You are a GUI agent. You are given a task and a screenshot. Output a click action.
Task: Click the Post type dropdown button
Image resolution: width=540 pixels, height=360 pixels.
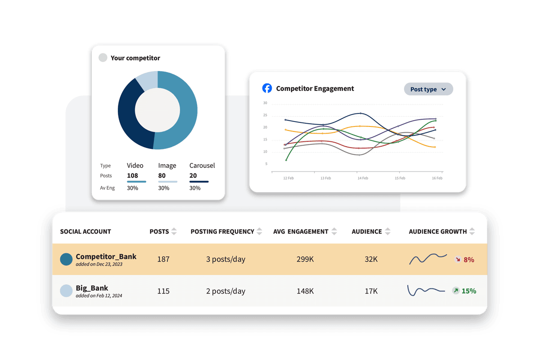coord(428,89)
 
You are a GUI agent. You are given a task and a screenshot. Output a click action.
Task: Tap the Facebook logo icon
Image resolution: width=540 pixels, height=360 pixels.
coord(267,88)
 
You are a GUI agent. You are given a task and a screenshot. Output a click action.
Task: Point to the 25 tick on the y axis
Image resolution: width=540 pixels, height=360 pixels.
coord(265,115)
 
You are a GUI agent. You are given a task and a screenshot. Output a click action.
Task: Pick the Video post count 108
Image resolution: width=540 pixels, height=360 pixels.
coord(132,175)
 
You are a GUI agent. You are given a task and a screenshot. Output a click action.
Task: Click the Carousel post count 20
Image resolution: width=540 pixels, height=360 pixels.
coord(193,175)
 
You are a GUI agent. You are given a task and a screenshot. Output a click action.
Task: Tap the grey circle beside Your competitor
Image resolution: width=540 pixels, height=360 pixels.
coord(103,58)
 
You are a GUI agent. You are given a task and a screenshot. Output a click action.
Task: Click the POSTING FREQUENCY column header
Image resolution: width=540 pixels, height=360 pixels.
coord(222,231)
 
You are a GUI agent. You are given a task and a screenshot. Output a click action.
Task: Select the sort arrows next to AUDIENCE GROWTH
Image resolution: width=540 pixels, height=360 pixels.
coord(472,231)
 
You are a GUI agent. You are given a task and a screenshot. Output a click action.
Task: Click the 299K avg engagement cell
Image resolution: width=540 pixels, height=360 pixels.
coord(305,259)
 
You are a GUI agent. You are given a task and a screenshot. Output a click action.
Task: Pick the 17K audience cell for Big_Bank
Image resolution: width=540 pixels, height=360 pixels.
coord(371,291)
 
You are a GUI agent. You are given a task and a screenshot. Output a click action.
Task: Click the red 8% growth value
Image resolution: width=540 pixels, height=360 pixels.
coord(469,260)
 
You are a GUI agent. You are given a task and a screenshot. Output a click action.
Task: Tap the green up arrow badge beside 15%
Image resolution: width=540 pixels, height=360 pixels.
coord(456,291)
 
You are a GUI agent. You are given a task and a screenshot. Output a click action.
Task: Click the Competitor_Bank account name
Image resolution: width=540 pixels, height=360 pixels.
coord(106,256)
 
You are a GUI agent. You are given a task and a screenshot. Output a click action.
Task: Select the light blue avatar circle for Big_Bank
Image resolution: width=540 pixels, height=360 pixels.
coord(66,291)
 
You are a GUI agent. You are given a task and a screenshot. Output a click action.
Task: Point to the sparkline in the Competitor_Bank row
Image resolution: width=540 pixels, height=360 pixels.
coord(427,259)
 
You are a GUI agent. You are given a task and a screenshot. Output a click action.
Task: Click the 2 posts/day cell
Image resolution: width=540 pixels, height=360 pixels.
coord(225,291)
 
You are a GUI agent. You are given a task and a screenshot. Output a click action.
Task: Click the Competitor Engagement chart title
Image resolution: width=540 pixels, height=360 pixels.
coord(315,89)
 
